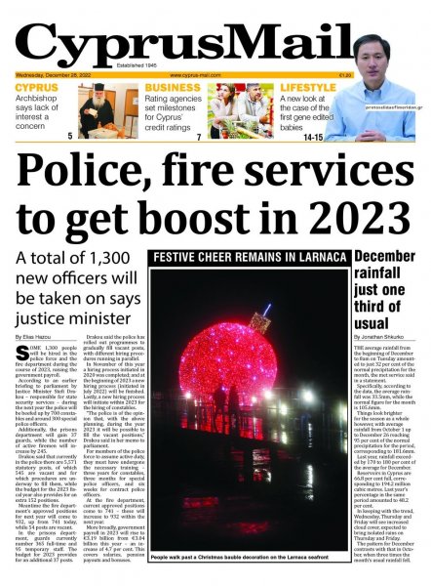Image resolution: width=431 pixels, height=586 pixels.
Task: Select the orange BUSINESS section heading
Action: click(175, 88)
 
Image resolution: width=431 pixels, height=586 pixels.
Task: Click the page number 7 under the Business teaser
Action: click(198, 137)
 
